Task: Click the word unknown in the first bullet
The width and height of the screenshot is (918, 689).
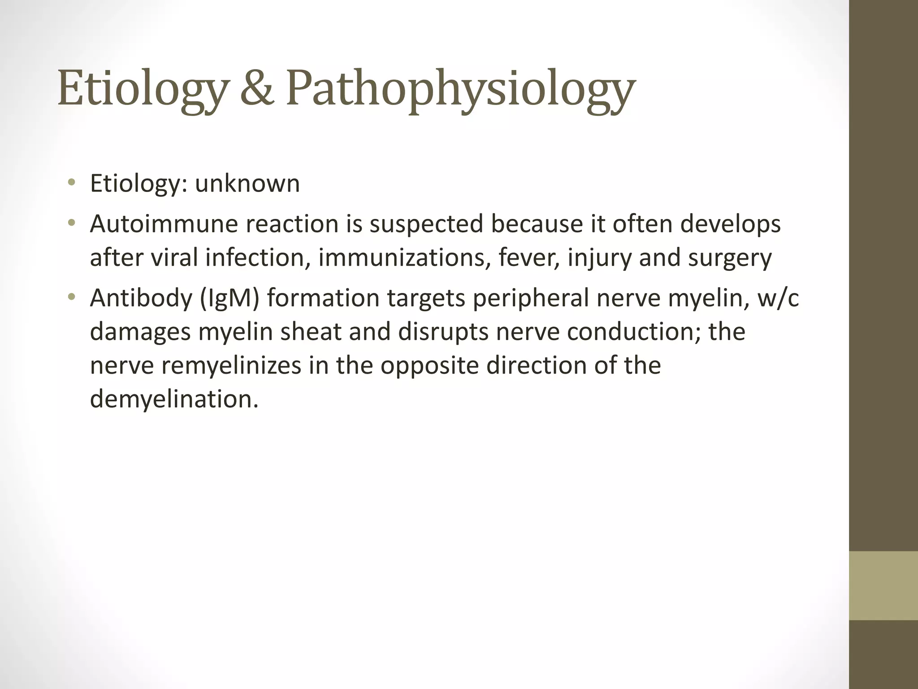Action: [247, 183]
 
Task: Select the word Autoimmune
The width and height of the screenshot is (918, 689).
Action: [164, 224]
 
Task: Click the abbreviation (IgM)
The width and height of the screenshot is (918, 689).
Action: [229, 298]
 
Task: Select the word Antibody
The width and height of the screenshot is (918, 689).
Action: [141, 298]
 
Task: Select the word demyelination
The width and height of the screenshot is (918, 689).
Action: [174, 399]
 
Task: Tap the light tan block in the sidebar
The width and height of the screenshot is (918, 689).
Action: [883, 585]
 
